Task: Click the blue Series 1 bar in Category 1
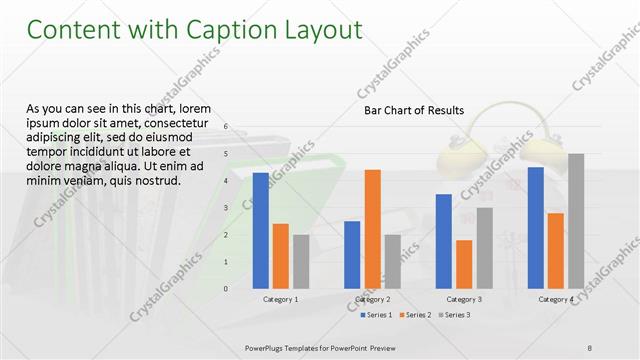tap(260, 230)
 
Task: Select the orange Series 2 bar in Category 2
tap(372, 228)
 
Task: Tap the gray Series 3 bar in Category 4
tap(576, 220)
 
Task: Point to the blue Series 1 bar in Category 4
tap(536, 227)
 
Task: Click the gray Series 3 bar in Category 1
tap(301, 261)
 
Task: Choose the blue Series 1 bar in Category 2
tap(352, 254)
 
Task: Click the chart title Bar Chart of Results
tap(413, 110)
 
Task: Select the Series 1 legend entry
tap(376, 315)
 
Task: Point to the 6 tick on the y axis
tap(227, 127)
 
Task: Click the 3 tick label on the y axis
tap(227, 208)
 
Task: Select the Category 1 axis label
tap(280, 299)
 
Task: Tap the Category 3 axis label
tap(464, 299)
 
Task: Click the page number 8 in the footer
tap(589, 347)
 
